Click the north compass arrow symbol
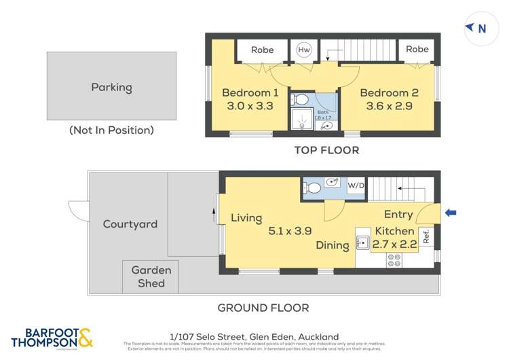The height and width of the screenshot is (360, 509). pos(470,28)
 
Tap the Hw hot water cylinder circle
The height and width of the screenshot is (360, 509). pos(303,50)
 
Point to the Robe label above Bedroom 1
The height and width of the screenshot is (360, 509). pos(262,50)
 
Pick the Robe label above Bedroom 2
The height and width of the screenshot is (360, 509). pos(417,49)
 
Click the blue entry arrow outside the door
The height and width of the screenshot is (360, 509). pos(451,213)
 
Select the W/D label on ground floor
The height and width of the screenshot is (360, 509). pos(356,185)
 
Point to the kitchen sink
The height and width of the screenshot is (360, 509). pos(363,242)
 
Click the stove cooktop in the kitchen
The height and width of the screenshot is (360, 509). pos(394,259)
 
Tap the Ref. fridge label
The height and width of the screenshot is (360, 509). pos(426,238)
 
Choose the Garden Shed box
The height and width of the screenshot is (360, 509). pos(151,276)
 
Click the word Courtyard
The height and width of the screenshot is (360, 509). pos(130,224)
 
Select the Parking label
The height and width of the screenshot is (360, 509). pos(111,87)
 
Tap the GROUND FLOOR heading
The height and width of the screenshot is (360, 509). pos(263,308)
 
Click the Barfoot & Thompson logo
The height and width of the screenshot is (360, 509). pos(52,338)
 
